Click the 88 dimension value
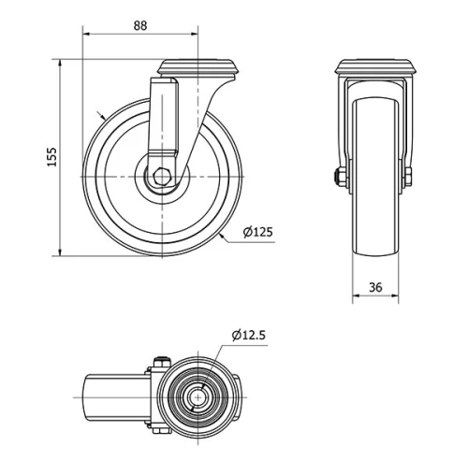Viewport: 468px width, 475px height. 139,25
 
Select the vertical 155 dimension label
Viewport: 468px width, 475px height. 52,156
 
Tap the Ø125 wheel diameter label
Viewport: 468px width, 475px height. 256,233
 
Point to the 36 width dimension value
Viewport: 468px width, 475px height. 374,288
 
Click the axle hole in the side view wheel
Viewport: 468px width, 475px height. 162,176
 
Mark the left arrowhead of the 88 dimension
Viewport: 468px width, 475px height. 87,36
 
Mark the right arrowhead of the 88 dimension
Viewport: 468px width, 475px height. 197,36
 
